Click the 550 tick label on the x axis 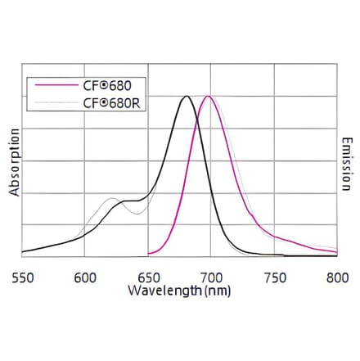22,277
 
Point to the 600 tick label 85,277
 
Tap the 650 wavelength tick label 148,277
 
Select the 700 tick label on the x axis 211,277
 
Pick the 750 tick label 274,277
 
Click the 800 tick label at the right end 336,277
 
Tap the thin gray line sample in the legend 52,103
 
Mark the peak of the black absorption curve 187,97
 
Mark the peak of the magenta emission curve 209,97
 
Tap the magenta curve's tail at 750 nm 274,237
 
